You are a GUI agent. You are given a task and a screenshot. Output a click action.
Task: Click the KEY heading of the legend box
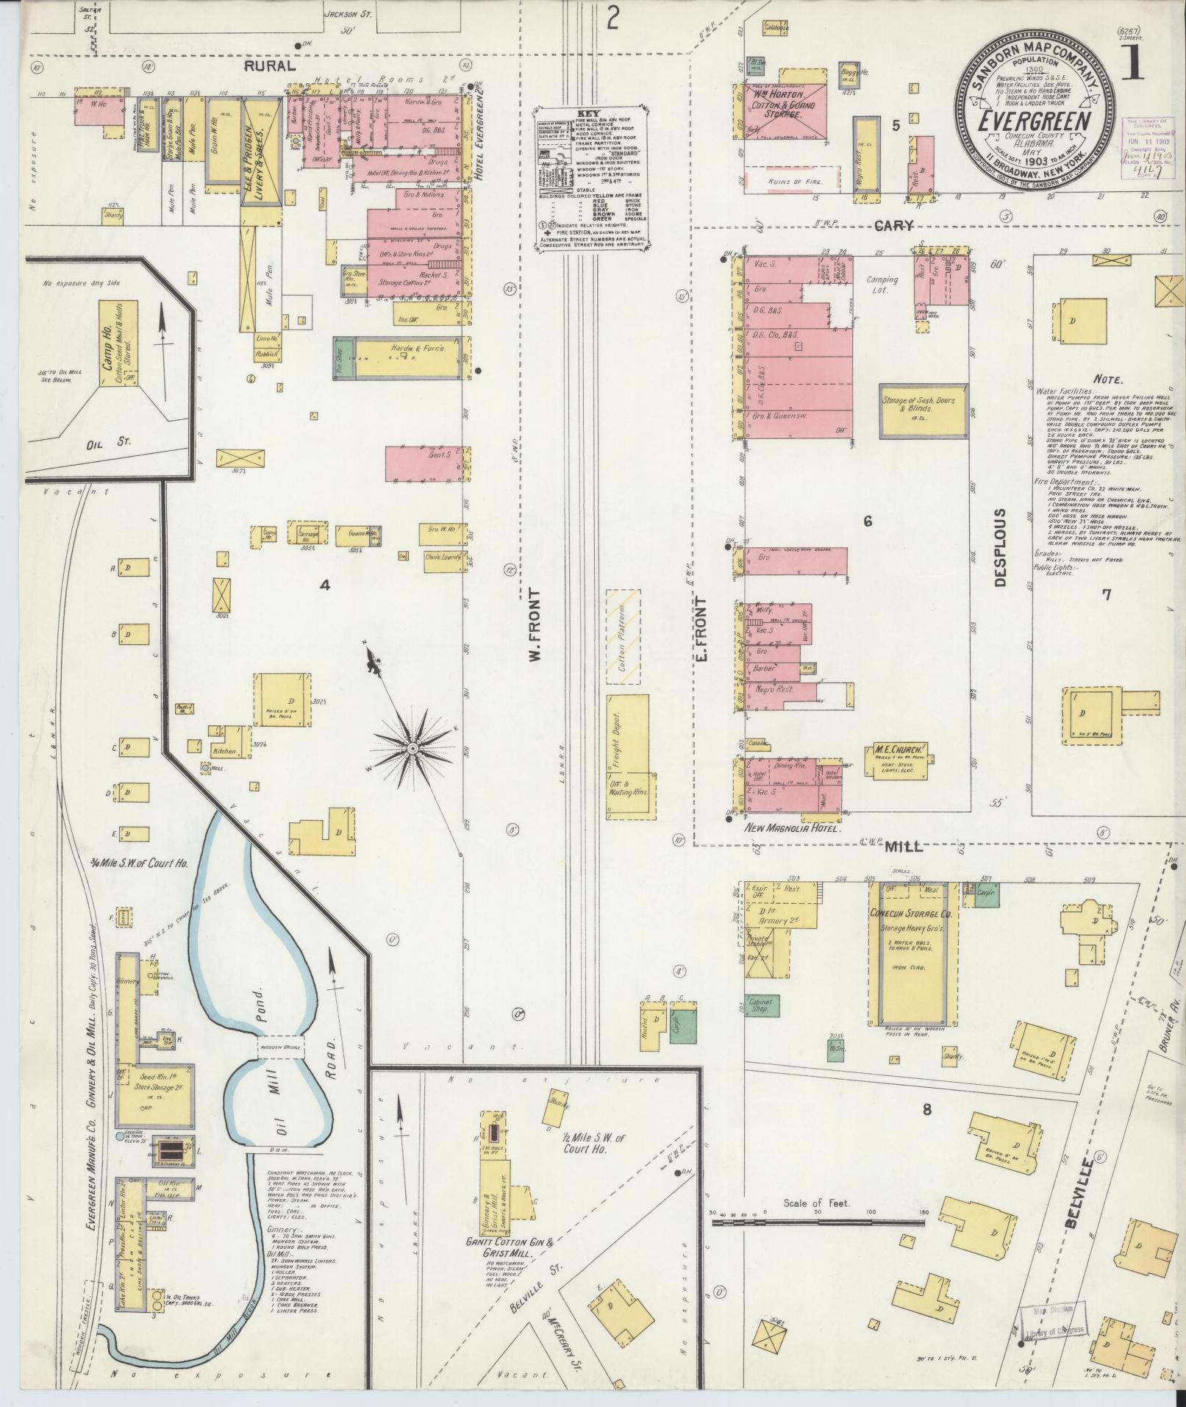590,113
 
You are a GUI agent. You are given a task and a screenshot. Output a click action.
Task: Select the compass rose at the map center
412,748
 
